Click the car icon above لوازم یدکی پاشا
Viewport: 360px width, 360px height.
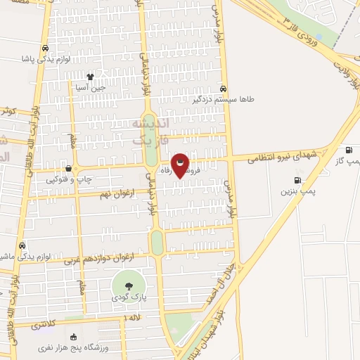[x=46, y=49]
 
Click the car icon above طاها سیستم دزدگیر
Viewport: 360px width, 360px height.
[x=223, y=89]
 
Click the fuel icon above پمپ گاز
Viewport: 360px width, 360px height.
[x=349, y=150]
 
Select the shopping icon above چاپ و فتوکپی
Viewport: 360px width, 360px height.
[x=68, y=168]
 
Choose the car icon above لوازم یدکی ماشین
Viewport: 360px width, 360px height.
[x=23, y=245]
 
